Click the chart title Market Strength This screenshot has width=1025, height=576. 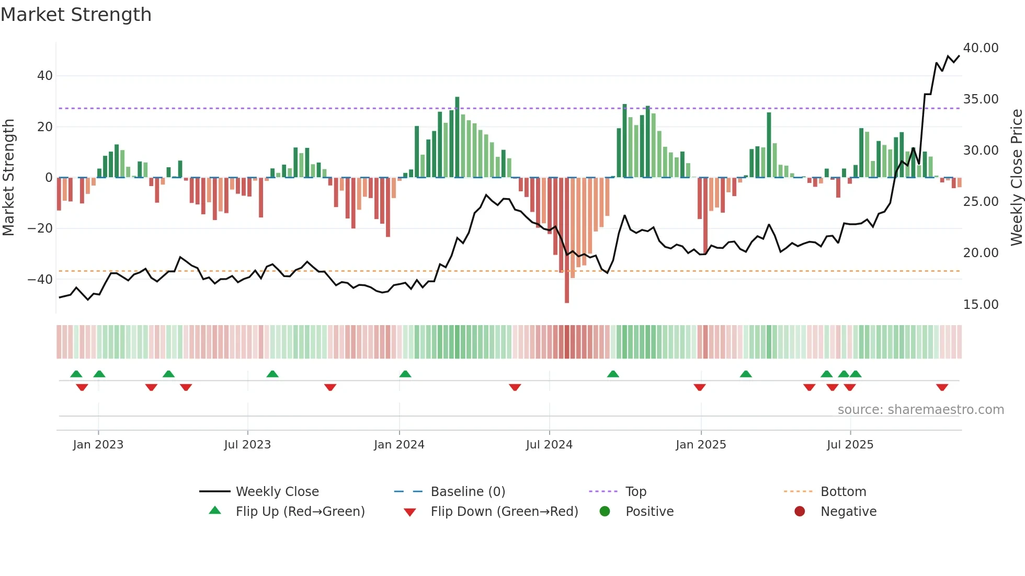tap(76, 15)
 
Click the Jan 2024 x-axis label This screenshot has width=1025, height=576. tap(399, 445)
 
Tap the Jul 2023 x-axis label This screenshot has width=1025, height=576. tap(247, 445)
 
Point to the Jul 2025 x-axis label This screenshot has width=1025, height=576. tap(850, 445)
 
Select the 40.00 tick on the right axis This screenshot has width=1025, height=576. tap(981, 48)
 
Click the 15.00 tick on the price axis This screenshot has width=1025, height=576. tap(981, 305)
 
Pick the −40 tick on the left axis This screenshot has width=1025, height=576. tap(40, 280)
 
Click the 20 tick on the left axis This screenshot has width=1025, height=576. tap(45, 127)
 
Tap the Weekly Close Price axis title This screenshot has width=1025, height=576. tap(1016, 178)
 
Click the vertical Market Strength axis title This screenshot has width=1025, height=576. tap(8, 178)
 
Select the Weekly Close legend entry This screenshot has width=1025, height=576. tap(277, 492)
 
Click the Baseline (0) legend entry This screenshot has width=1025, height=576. tap(468, 492)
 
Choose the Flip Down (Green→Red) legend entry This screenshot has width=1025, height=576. tap(504, 512)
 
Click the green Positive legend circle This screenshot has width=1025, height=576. tap(605, 512)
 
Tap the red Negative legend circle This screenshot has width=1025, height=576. tap(799, 512)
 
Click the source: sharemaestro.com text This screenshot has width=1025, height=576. tap(920, 410)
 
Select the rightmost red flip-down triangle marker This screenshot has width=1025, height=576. tap(942, 387)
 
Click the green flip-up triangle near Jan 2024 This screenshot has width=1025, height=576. tap(405, 374)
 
